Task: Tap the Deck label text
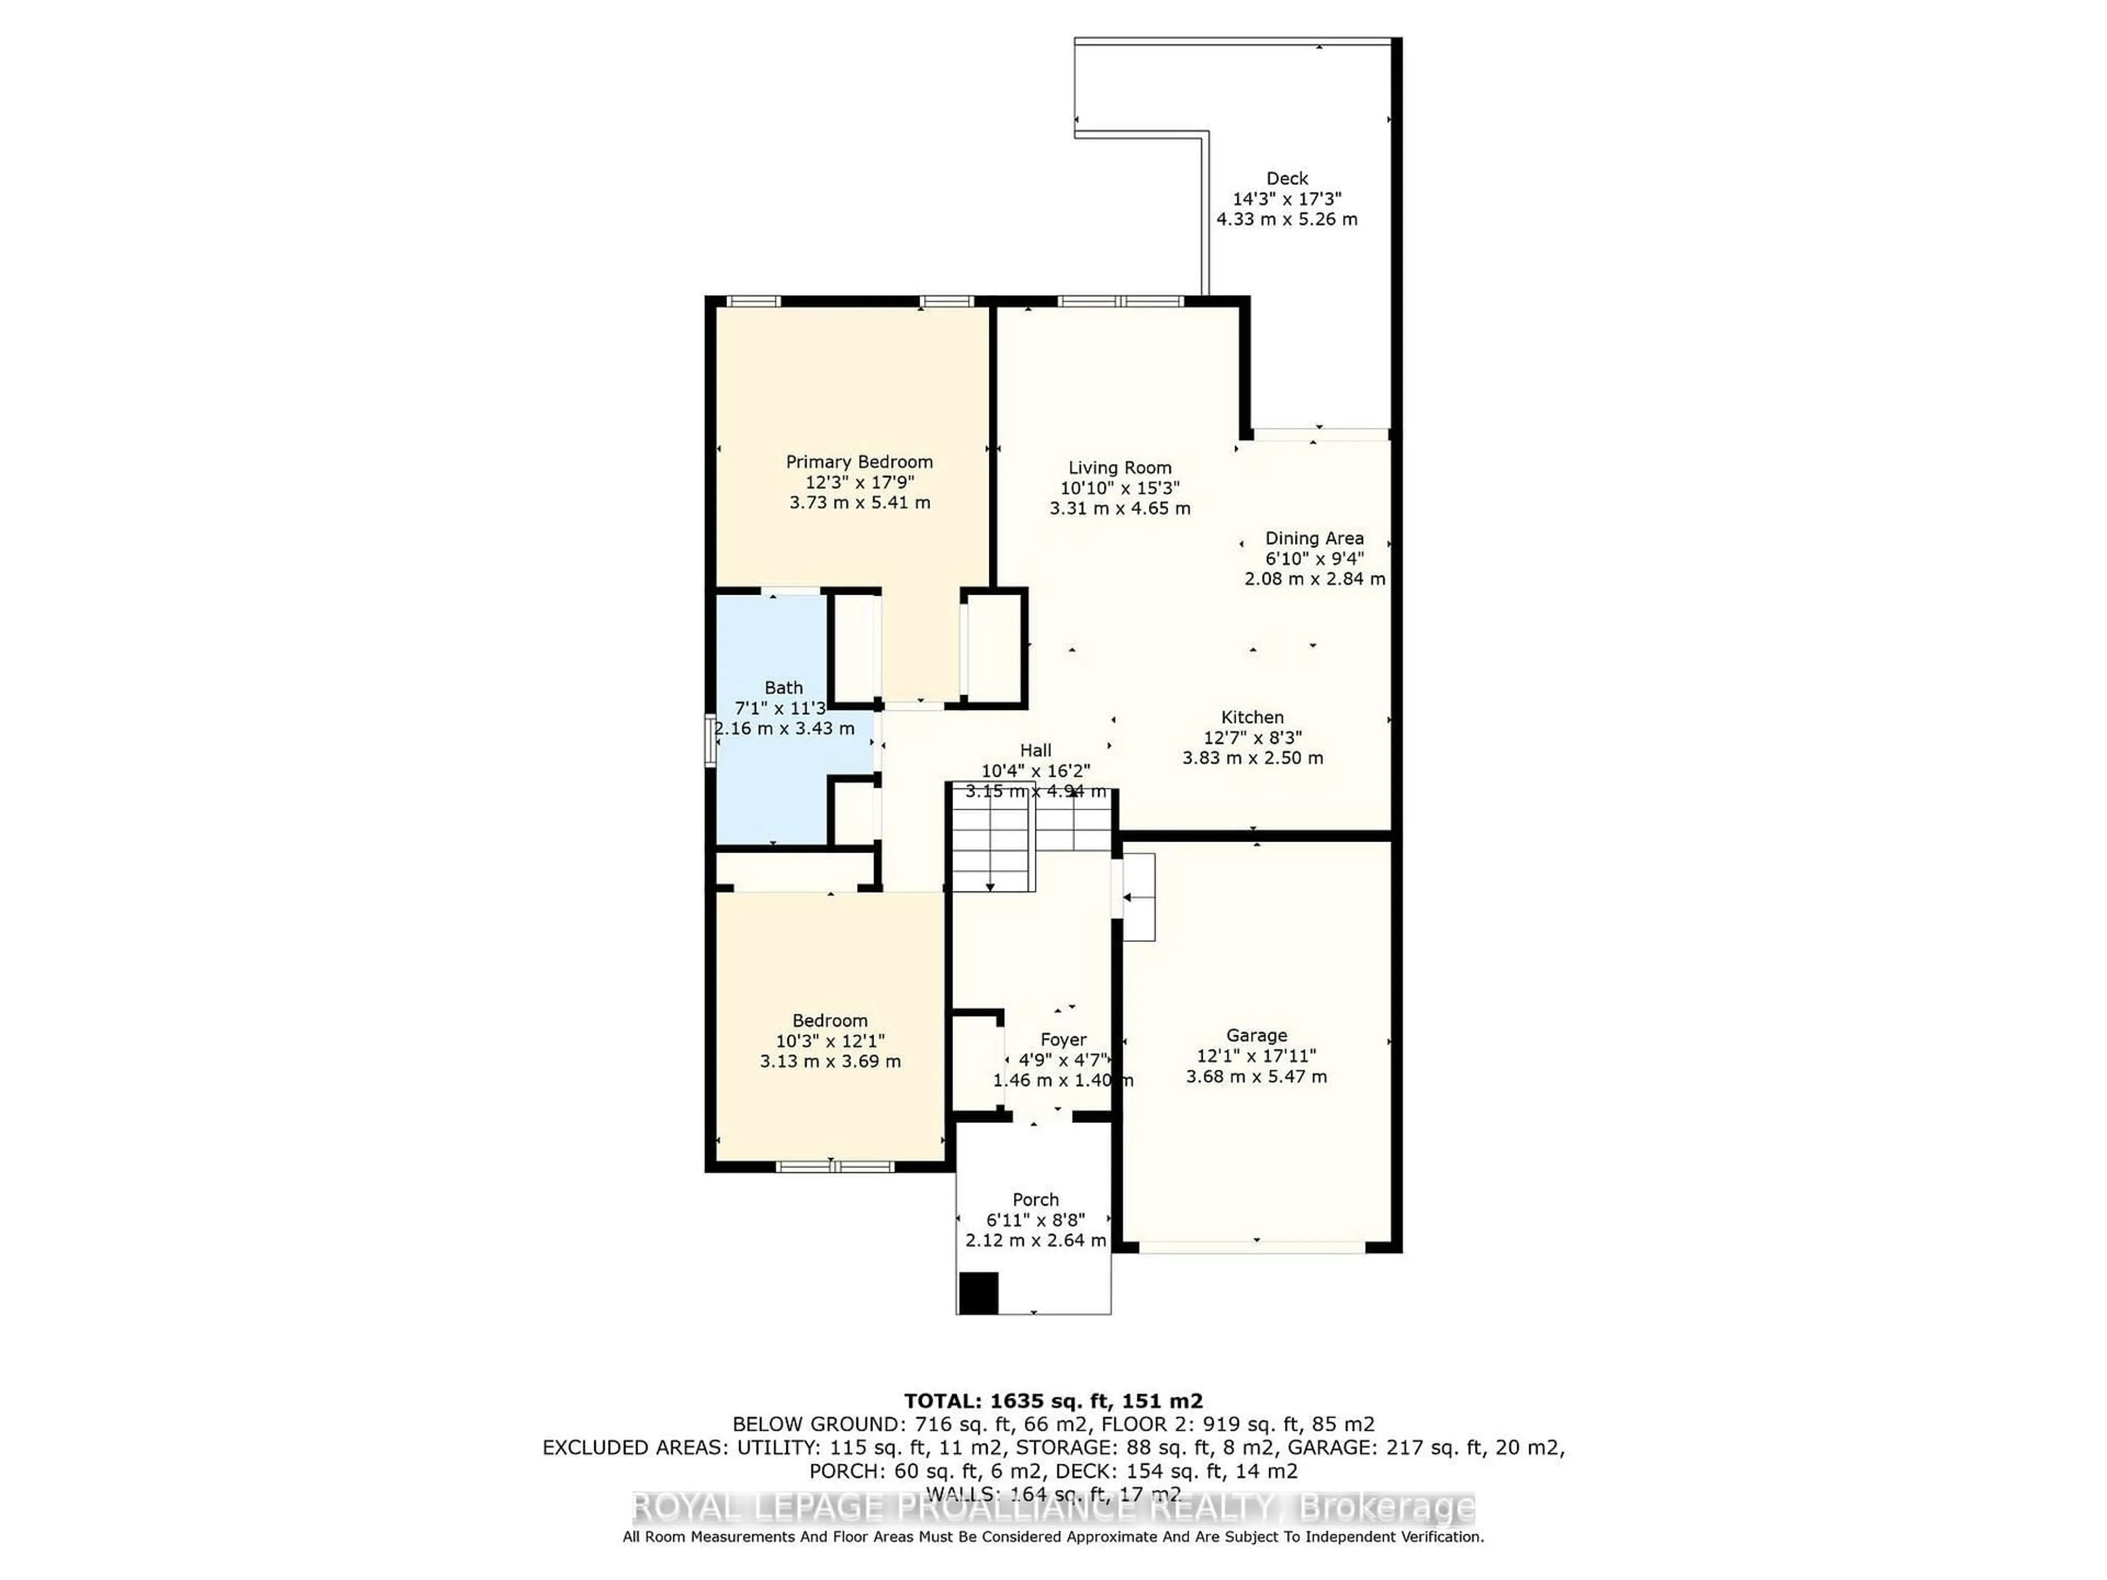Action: [1286, 178]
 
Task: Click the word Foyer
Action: [1062, 1040]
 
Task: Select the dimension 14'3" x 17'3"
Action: [1286, 199]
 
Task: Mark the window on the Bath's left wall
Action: [709, 740]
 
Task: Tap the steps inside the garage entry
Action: [1139, 896]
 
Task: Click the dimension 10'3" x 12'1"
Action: [830, 1041]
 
